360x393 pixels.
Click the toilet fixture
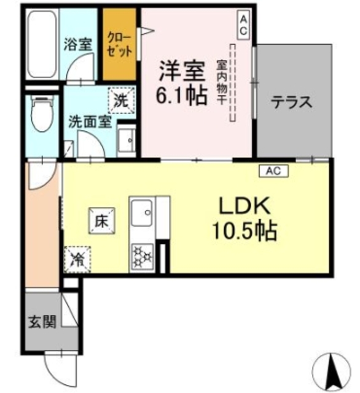[42, 113]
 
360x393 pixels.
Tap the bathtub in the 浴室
[42, 44]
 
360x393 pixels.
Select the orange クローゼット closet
[120, 44]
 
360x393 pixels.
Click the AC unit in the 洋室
[243, 25]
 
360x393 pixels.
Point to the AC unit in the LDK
[274, 171]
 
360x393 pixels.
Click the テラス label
[292, 102]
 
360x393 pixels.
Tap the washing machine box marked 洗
[122, 101]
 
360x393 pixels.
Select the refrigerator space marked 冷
[77, 260]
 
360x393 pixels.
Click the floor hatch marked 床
[102, 221]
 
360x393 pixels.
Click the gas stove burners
[142, 257]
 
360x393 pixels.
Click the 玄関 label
[42, 322]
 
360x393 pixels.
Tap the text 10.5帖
[245, 231]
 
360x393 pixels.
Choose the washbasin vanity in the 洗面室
[127, 141]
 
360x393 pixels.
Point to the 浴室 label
[78, 44]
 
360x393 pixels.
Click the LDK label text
[245, 206]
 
